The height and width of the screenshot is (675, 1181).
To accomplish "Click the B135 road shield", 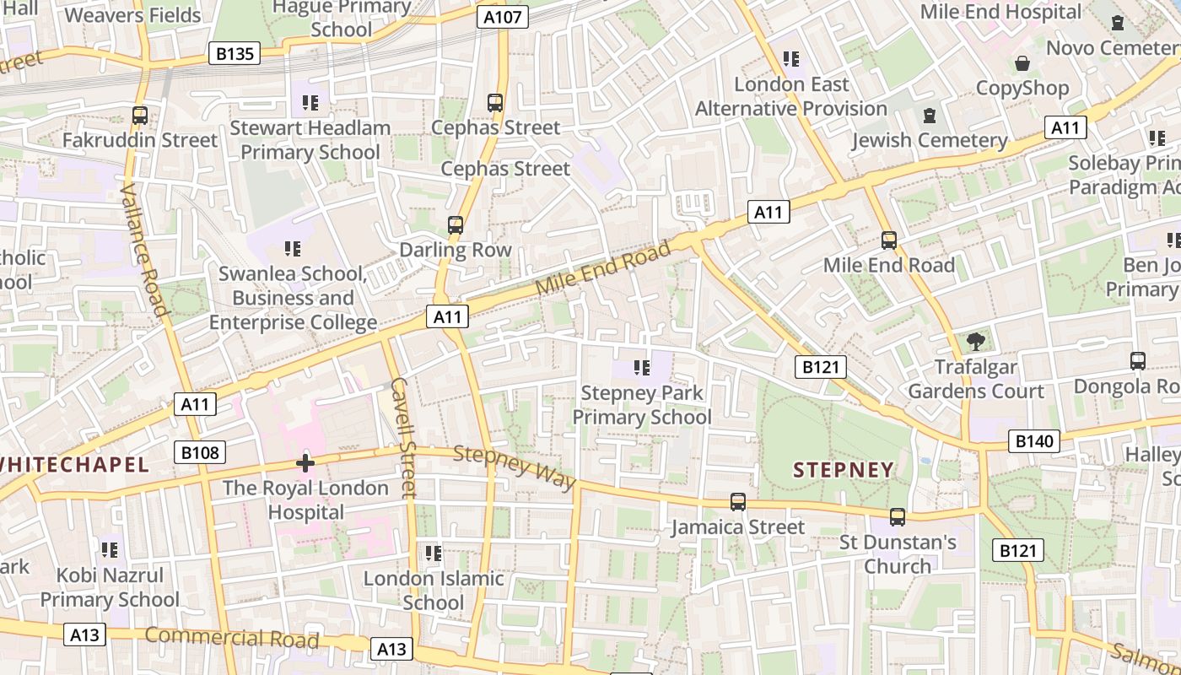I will click(235, 54).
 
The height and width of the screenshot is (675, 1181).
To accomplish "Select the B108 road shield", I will click(200, 452).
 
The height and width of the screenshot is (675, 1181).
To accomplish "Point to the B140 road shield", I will click(1033, 440).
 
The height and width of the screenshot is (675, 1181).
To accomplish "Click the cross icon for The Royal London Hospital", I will click(305, 462).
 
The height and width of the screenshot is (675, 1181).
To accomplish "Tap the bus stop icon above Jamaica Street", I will click(738, 502).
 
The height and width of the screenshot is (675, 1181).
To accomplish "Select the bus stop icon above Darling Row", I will click(456, 224).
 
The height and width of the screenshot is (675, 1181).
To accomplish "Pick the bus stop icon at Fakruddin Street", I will click(140, 115).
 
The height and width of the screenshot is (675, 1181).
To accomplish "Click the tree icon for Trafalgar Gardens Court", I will click(976, 342).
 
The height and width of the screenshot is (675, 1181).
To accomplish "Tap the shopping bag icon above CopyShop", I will click(1022, 63).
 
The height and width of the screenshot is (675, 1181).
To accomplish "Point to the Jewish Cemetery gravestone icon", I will click(930, 115).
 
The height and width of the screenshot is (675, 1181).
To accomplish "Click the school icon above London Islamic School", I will click(434, 553).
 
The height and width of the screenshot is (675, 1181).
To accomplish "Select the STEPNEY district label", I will click(843, 470).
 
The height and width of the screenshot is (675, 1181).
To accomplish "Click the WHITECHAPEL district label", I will click(74, 464).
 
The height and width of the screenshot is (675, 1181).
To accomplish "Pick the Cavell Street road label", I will click(404, 436).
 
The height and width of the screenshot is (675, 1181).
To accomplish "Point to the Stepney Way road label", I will click(515, 467).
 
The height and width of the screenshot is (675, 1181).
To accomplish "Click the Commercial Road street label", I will click(232, 638).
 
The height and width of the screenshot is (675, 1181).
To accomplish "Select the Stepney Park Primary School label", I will click(642, 405).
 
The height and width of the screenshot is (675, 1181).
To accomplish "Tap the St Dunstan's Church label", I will click(898, 553).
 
